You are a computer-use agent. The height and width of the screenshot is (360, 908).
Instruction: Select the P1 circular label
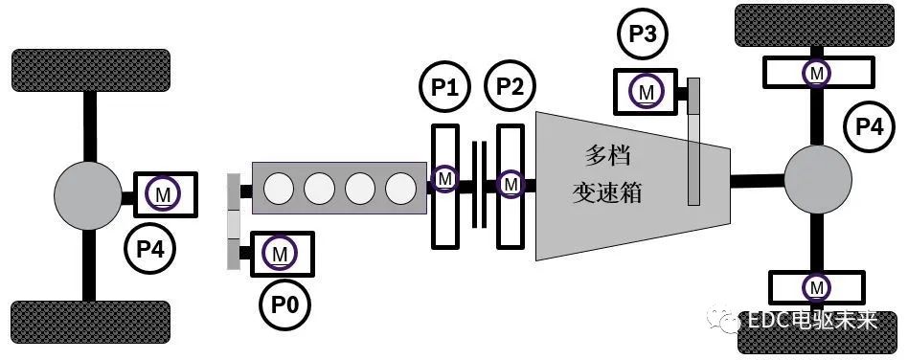pyautogui.click(x=445, y=89)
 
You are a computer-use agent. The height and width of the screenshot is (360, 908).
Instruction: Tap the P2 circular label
pyautogui.click(x=511, y=89)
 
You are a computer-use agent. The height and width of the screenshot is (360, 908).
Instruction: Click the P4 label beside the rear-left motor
pyautogui.click(x=150, y=250)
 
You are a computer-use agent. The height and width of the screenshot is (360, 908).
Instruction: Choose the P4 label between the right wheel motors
pyautogui.click(x=869, y=125)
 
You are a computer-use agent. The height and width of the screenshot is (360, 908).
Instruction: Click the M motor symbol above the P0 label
pyautogui.click(x=280, y=254)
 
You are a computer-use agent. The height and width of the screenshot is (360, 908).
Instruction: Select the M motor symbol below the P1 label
pyautogui.click(x=444, y=179)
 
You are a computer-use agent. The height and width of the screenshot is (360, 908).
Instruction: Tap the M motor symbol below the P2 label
pyautogui.click(x=511, y=181)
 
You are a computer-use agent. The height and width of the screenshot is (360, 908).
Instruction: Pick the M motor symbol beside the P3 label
pyautogui.click(x=647, y=92)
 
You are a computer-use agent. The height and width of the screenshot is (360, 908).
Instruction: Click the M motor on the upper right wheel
pyautogui.click(x=816, y=71)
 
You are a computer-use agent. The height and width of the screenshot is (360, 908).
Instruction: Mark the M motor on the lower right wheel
pyautogui.click(x=816, y=286)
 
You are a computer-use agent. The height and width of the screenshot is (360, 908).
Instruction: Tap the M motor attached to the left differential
pyautogui.click(x=164, y=195)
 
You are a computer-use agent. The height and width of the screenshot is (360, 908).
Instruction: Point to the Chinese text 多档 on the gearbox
pyautogui.click(x=609, y=155)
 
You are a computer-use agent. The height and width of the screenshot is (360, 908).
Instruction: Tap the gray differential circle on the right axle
pyautogui.click(x=818, y=178)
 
